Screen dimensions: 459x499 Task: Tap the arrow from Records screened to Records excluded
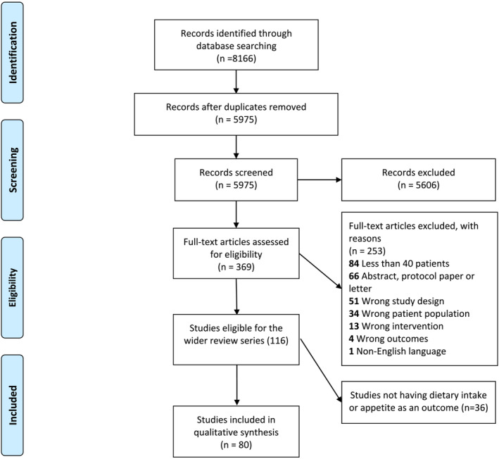tap(321, 179)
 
